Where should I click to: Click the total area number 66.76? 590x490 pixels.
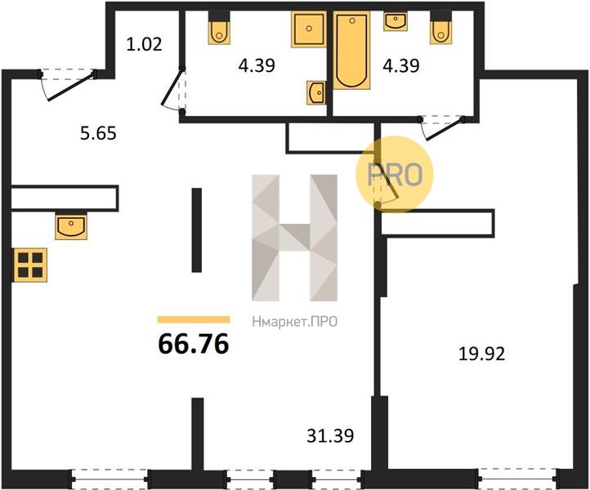(x=194, y=344)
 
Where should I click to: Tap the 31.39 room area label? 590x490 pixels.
(x=330, y=436)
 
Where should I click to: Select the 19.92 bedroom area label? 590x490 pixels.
(x=481, y=354)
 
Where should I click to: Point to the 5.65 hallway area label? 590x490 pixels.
(x=98, y=133)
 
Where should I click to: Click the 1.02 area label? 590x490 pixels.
(x=144, y=44)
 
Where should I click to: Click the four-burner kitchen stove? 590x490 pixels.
(x=30, y=265)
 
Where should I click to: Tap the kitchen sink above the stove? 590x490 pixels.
(x=71, y=226)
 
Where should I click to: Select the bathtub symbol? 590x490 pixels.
(x=352, y=50)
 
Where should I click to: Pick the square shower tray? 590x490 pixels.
(x=309, y=29)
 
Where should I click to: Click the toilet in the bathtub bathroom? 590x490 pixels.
(x=441, y=28)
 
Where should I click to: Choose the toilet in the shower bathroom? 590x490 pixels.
(x=219, y=28)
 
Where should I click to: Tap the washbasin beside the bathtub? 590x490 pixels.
(x=396, y=21)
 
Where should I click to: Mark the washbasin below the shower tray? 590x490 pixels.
(x=315, y=92)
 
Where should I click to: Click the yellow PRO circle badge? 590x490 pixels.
(x=395, y=175)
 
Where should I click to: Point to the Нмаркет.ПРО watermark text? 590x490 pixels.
(x=295, y=322)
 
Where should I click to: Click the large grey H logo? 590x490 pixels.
(x=295, y=238)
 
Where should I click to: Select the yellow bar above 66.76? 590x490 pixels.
(x=194, y=319)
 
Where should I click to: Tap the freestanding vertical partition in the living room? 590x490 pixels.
(x=197, y=230)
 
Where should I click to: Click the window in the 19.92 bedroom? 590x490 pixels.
(x=519, y=479)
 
